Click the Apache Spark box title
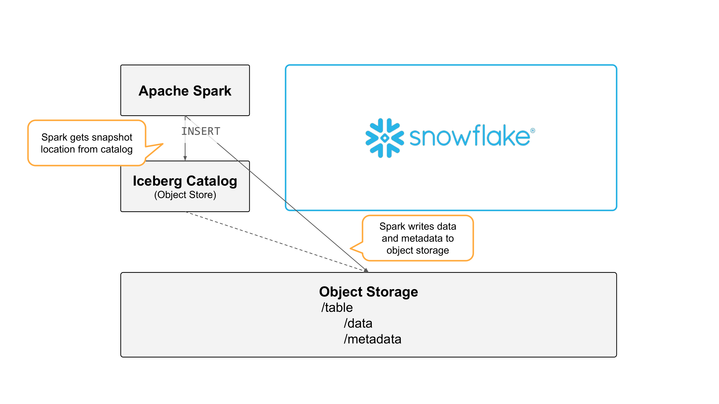(185, 91)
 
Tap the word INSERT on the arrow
(201, 131)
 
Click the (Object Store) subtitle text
(185, 195)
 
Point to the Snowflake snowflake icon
(385, 138)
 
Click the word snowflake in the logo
(470, 136)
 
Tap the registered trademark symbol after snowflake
(533, 131)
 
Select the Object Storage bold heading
(368, 292)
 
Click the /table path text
(337, 307)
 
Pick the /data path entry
(358, 324)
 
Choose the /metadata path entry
(372, 339)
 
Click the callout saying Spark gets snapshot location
(87, 143)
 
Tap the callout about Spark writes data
(417, 238)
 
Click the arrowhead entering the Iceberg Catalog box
(185, 158)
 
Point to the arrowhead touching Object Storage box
(366, 270)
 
